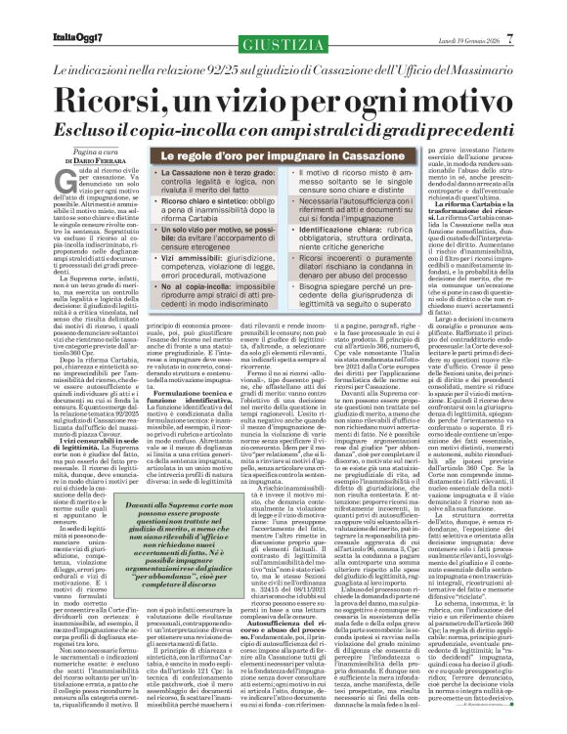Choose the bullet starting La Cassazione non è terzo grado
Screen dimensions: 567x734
(217, 154)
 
